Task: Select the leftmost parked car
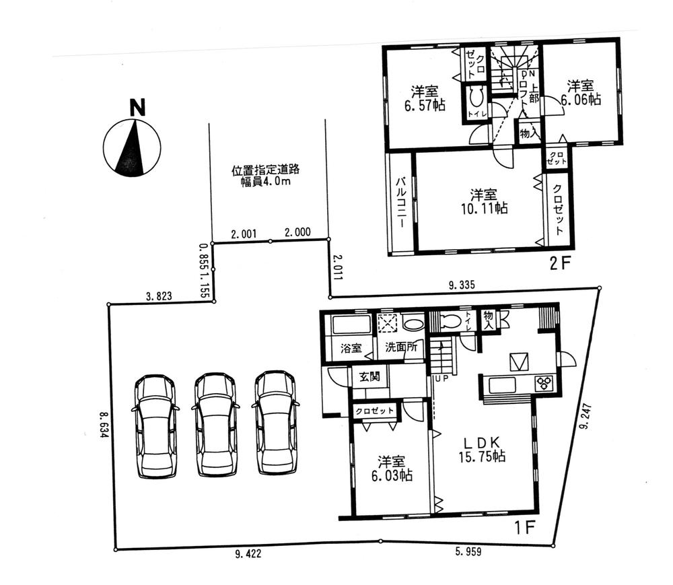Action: click(x=155, y=426)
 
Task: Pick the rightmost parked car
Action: click(x=275, y=423)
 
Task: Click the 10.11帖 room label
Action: click(x=479, y=201)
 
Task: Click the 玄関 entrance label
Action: click(x=369, y=376)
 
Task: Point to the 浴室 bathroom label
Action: click(x=351, y=349)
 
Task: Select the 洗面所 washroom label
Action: click(x=400, y=349)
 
